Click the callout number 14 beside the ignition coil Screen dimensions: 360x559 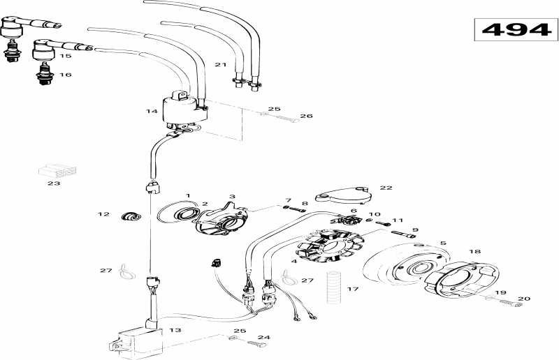coord(152,111)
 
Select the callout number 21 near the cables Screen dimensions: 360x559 coord(221,65)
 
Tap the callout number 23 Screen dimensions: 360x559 coord(54,183)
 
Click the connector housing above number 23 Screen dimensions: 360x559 coord(57,170)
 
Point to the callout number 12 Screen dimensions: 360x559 coord(103,214)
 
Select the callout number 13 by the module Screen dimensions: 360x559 coord(175,331)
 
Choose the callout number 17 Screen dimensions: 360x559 coord(353,288)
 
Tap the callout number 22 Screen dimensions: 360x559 coord(386,188)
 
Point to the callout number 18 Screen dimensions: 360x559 coord(474,250)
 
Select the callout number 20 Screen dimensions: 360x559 coord(523,299)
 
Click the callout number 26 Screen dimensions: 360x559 coord(306,116)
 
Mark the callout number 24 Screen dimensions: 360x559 coord(263,337)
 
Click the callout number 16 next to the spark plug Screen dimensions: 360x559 coord(65,74)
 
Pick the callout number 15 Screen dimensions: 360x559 coord(65,56)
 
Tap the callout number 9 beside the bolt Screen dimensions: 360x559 coord(414,230)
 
